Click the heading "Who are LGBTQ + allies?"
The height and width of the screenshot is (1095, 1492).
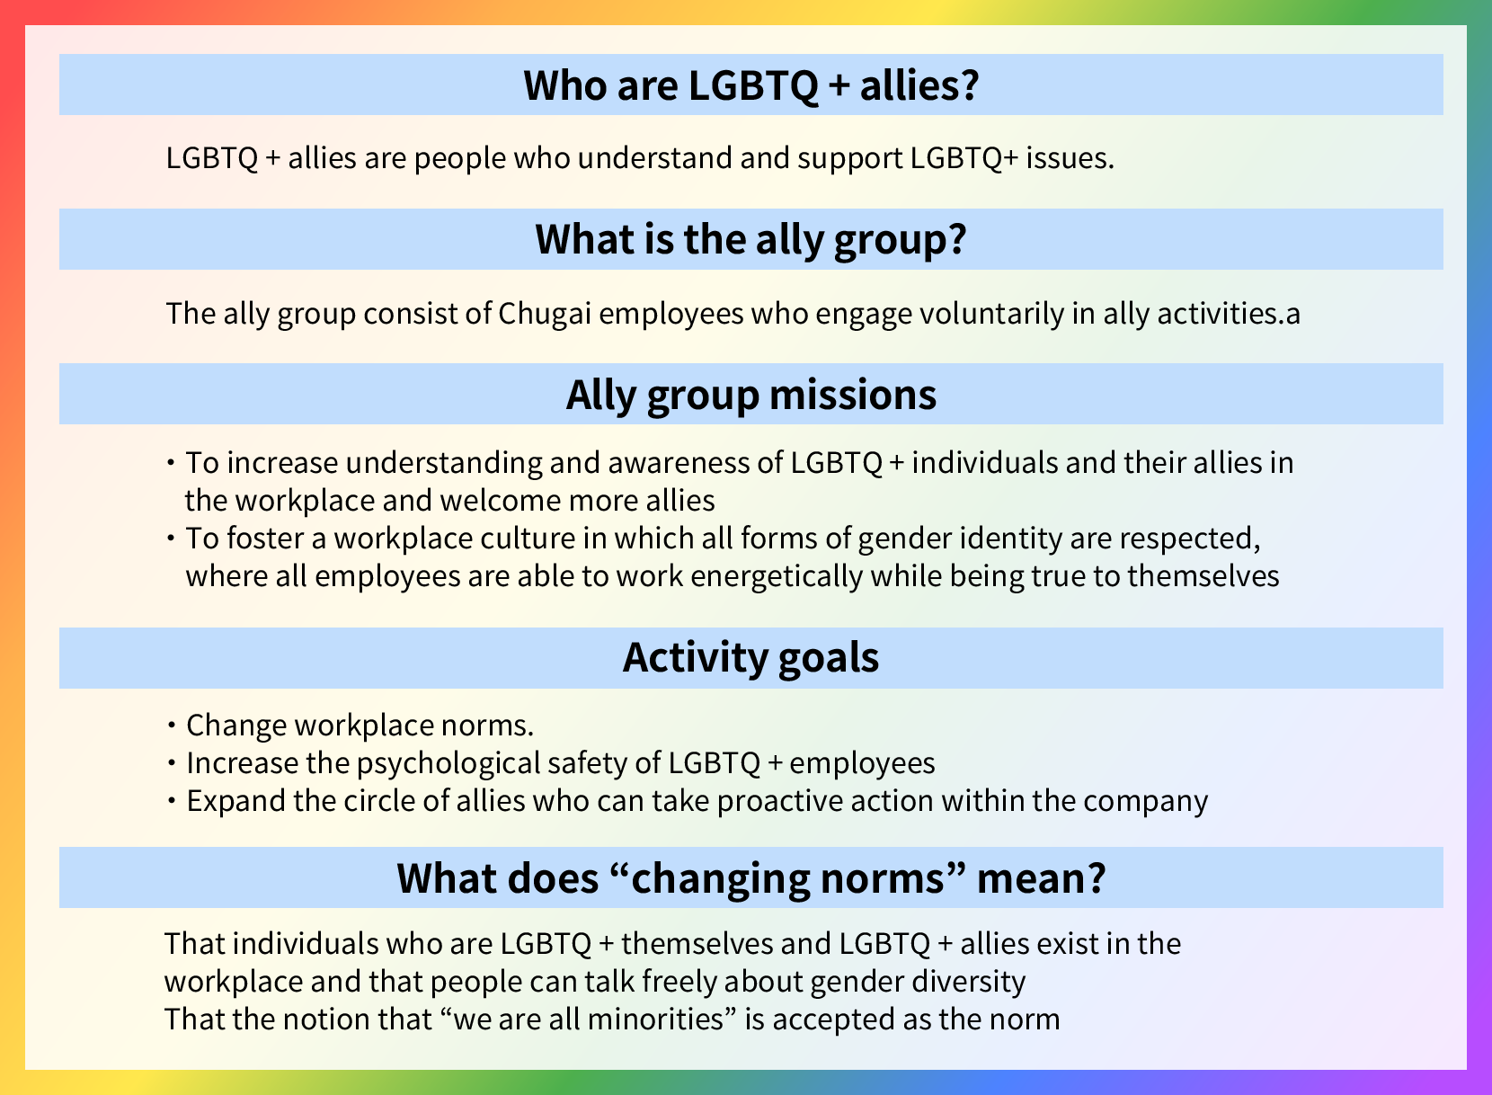pyautogui.click(x=750, y=85)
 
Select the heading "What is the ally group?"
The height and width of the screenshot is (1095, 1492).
pyautogui.click(x=750, y=240)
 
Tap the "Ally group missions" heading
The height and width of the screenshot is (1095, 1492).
pyautogui.click(x=750, y=395)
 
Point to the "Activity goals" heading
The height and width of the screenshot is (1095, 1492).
pyautogui.click(x=750, y=657)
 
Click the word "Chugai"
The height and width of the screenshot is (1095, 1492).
pyautogui.click(x=544, y=314)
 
